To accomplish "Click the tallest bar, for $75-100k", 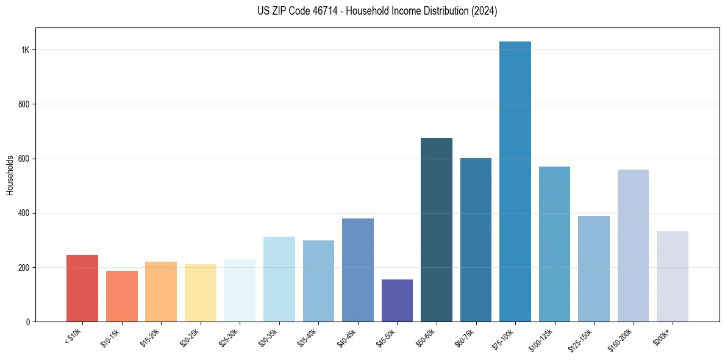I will click(x=515, y=183).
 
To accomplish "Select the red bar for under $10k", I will click(x=82, y=289).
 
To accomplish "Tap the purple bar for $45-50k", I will click(x=397, y=301).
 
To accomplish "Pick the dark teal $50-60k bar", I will click(x=437, y=230).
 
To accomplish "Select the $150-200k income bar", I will click(x=633, y=246).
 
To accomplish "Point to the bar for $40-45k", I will click(x=358, y=270).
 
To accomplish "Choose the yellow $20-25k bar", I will click(x=201, y=293).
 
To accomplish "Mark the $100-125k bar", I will click(x=554, y=244).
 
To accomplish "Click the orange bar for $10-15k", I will click(x=122, y=297).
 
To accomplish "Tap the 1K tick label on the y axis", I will click(x=25, y=50).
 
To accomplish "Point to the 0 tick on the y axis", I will click(x=28, y=322).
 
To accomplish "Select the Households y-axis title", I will click(x=10, y=175).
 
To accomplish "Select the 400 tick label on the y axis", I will click(x=24, y=213).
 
